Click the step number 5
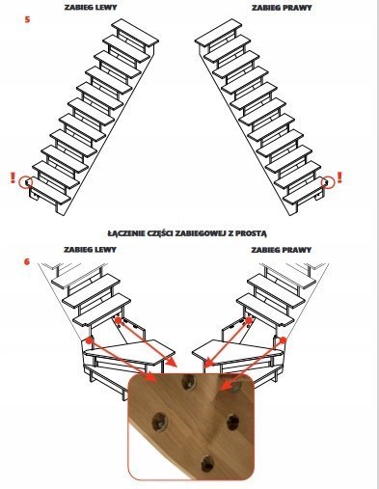coord(27,19)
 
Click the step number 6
coord(27,261)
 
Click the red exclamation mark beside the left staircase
coord(13,177)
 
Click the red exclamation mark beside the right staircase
coord(339,177)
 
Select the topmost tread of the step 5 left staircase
coord(135,32)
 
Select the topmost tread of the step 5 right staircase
coord(218,33)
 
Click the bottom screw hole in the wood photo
coord(207,463)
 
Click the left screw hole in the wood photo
coord(160,421)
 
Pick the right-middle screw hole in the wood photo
coord(232,421)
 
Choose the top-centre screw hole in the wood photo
coord(188,382)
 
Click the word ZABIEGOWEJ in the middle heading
coord(200,233)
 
